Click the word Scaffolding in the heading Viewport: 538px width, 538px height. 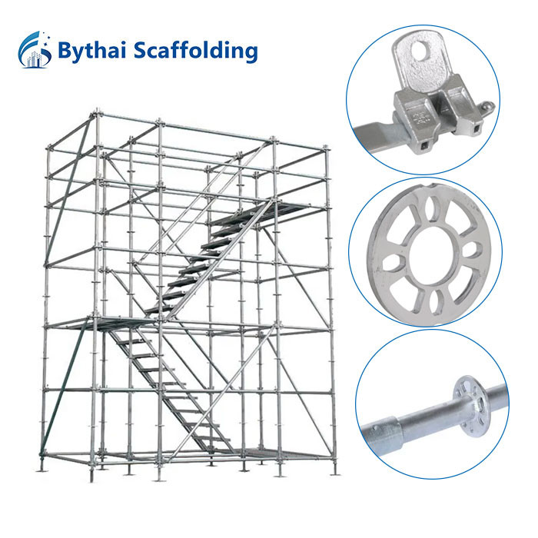(195, 50)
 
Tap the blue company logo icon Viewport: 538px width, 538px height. (35, 49)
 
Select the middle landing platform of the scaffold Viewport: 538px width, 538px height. (113, 323)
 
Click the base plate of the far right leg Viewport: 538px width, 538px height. (334, 474)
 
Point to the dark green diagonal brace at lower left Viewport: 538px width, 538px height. (64, 387)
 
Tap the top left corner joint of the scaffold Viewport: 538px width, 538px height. (96, 113)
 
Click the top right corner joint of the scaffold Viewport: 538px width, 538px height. (327, 148)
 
